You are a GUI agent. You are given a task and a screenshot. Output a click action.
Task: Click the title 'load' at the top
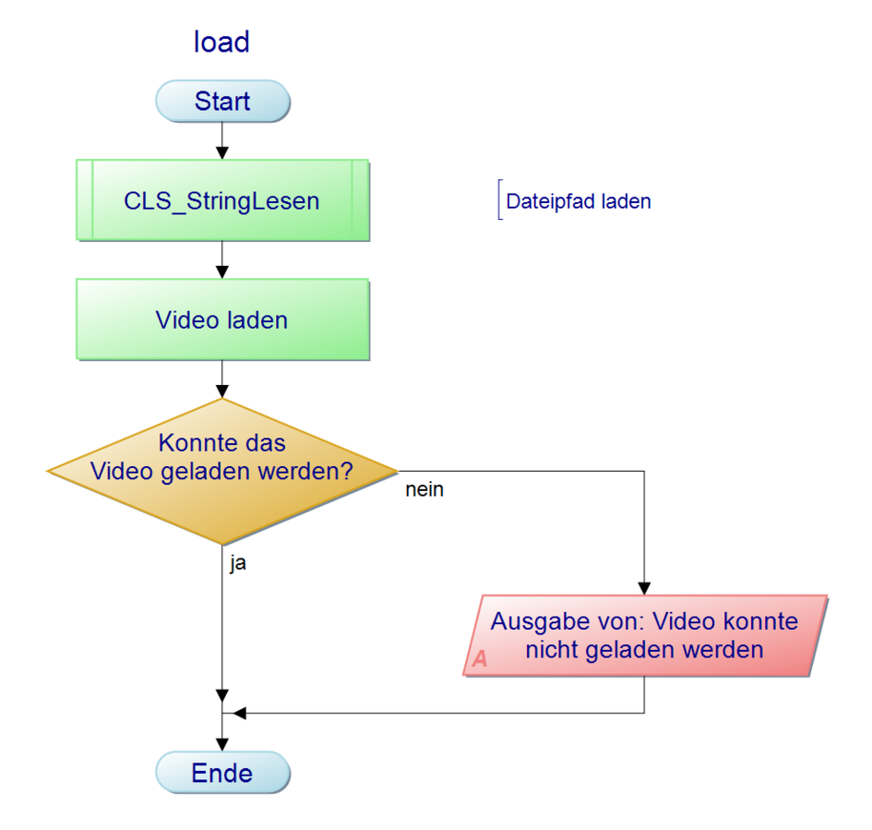[221, 42]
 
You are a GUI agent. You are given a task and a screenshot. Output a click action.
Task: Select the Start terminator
[222, 101]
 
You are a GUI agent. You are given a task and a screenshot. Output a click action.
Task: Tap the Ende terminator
[222, 773]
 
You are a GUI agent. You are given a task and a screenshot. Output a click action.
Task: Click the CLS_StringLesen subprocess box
[222, 200]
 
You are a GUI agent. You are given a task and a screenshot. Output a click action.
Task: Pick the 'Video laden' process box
[222, 320]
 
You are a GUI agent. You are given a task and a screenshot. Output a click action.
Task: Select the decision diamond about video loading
[222, 471]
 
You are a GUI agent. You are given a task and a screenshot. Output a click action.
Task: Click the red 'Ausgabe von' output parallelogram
[644, 635]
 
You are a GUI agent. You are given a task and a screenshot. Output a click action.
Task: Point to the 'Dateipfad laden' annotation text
[579, 202]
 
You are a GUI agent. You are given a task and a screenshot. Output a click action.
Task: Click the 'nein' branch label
[424, 490]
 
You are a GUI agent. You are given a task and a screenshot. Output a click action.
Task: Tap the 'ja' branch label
[237, 562]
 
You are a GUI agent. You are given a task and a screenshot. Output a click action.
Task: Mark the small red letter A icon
[480, 660]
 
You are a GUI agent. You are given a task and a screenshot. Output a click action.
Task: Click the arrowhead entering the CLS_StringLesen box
[222, 153]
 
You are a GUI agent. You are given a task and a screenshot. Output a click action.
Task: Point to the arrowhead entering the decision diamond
[222, 391]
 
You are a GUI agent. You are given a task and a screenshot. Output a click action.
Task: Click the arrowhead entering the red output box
[644, 588]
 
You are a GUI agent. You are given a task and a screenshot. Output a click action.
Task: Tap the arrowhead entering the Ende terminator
[222, 745]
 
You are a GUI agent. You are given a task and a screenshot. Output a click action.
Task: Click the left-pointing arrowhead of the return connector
[240, 713]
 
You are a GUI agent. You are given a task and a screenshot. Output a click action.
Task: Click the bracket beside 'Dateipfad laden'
[499, 200]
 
